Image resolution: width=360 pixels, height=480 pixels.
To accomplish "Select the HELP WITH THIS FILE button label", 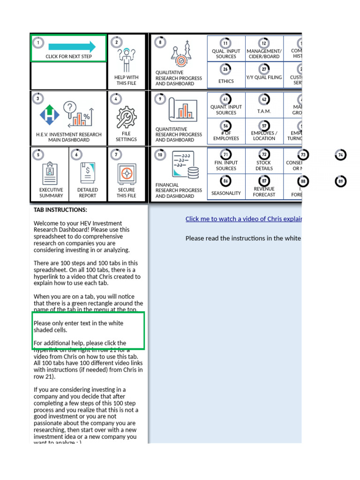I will point(126,80).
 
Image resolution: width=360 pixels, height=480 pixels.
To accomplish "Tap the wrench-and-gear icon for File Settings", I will point(126,117).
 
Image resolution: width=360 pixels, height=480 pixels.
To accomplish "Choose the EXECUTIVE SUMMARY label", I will point(51,193).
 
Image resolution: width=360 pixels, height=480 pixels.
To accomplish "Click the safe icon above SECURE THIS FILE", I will point(127,173).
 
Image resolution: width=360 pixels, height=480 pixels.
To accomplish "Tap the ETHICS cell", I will point(226,81).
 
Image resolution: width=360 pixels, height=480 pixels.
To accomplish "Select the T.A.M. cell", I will point(264,112).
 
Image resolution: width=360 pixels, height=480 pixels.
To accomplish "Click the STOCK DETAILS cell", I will point(264,165).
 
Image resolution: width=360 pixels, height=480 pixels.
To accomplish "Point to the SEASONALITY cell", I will point(226,193).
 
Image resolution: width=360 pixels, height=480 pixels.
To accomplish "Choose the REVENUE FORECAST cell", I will point(264,192).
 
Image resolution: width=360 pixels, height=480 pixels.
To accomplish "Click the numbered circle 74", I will point(341,155).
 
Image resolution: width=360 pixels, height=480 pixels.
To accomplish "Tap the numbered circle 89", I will point(341,181).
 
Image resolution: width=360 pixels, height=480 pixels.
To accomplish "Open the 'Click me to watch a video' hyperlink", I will point(243,219).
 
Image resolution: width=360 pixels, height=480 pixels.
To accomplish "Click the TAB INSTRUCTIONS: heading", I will point(60,210).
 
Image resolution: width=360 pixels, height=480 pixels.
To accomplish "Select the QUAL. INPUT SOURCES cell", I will point(226,54).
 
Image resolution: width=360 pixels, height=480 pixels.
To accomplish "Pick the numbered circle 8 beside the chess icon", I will point(160,42).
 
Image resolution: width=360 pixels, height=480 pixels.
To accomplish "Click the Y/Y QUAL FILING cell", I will point(264,77).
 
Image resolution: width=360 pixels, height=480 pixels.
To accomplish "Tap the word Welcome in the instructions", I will point(45,223).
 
